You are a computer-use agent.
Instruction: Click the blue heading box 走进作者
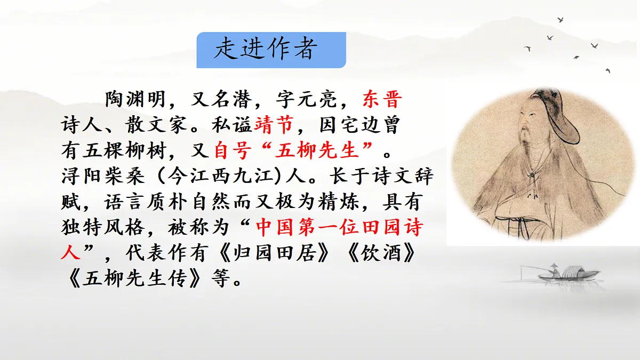(271, 50)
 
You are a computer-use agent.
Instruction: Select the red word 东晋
(382, 100)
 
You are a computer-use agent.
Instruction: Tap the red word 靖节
(274, 126)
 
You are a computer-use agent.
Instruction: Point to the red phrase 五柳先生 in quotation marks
(316, 151)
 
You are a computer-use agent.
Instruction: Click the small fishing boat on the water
(563, 274)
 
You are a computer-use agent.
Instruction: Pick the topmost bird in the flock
(561, 20)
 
